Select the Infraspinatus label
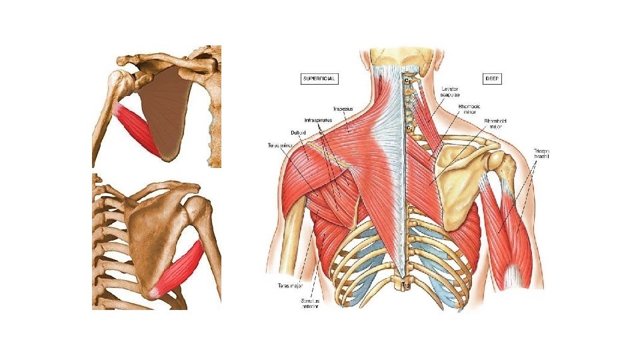point(318,121)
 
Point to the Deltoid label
point(297,132)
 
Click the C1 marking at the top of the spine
point(406,81)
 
